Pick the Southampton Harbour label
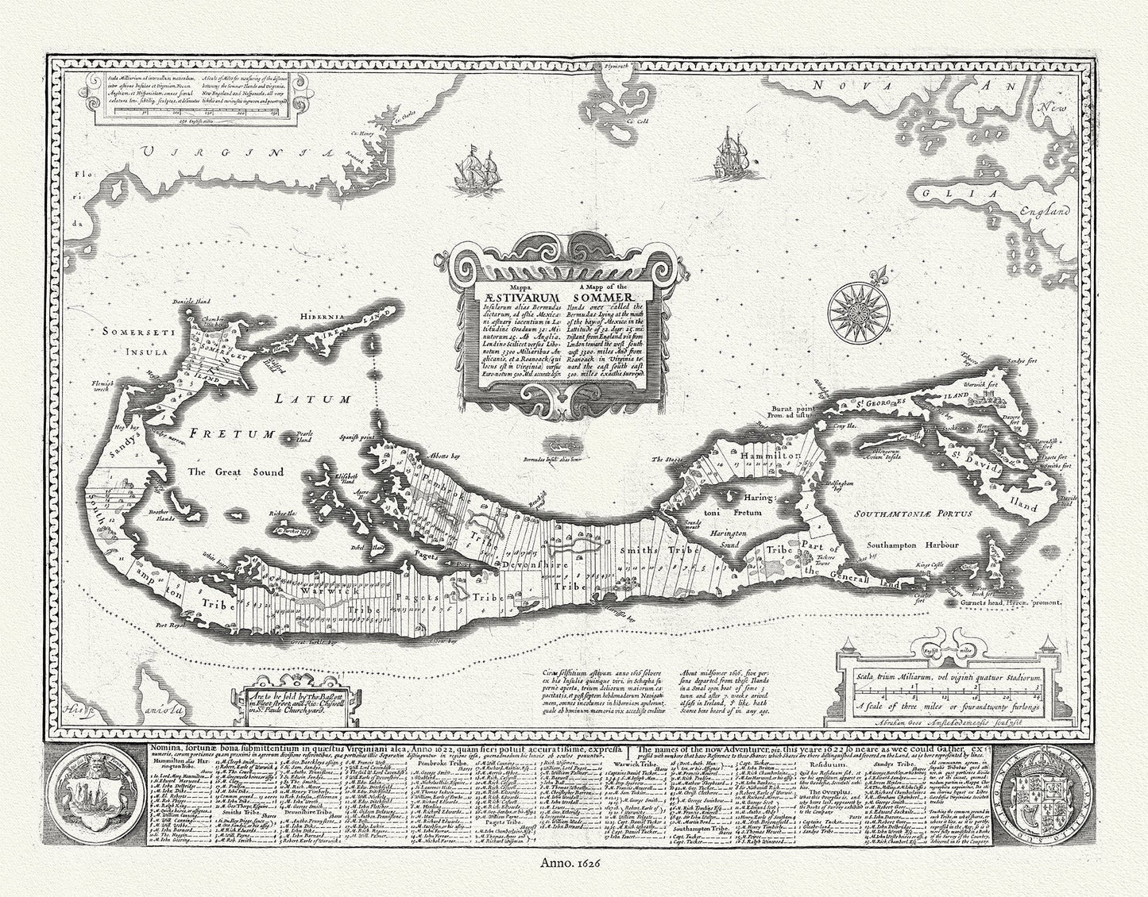913,546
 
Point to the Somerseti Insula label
135,343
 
